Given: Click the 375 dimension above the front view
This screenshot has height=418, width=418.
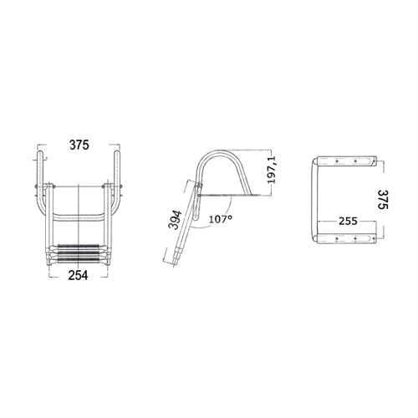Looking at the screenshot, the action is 79,145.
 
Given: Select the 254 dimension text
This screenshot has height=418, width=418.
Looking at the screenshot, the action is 78,275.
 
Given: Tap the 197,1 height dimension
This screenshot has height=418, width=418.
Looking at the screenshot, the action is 271,170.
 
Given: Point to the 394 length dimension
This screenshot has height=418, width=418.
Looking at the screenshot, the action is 175,220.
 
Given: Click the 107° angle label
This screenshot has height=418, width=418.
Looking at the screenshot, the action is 221,219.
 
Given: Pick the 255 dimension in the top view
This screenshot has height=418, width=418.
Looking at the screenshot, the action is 348,221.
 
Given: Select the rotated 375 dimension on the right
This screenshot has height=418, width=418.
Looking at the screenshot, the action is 383,200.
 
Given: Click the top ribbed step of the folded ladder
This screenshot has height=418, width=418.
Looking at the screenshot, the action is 79,247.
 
